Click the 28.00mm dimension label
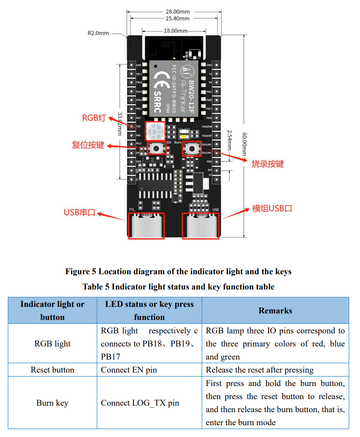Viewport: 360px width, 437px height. pos(177,11)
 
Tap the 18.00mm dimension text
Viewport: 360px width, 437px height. pos(176,31)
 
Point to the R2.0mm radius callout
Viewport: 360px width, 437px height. pos(98,33)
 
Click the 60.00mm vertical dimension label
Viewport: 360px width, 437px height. pos(244,141)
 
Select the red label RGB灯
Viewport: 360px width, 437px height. pos(94,118)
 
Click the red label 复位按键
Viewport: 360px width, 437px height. pos(88,145)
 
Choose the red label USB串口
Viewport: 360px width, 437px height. pos(79,213)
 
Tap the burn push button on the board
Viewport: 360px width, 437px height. pos(191,149)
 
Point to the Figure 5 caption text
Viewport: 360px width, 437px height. pos(178,272)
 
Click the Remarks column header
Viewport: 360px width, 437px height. pos(275,310)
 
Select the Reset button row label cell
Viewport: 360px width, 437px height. pos(52,370)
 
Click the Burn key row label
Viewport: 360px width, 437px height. pos(52,403)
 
